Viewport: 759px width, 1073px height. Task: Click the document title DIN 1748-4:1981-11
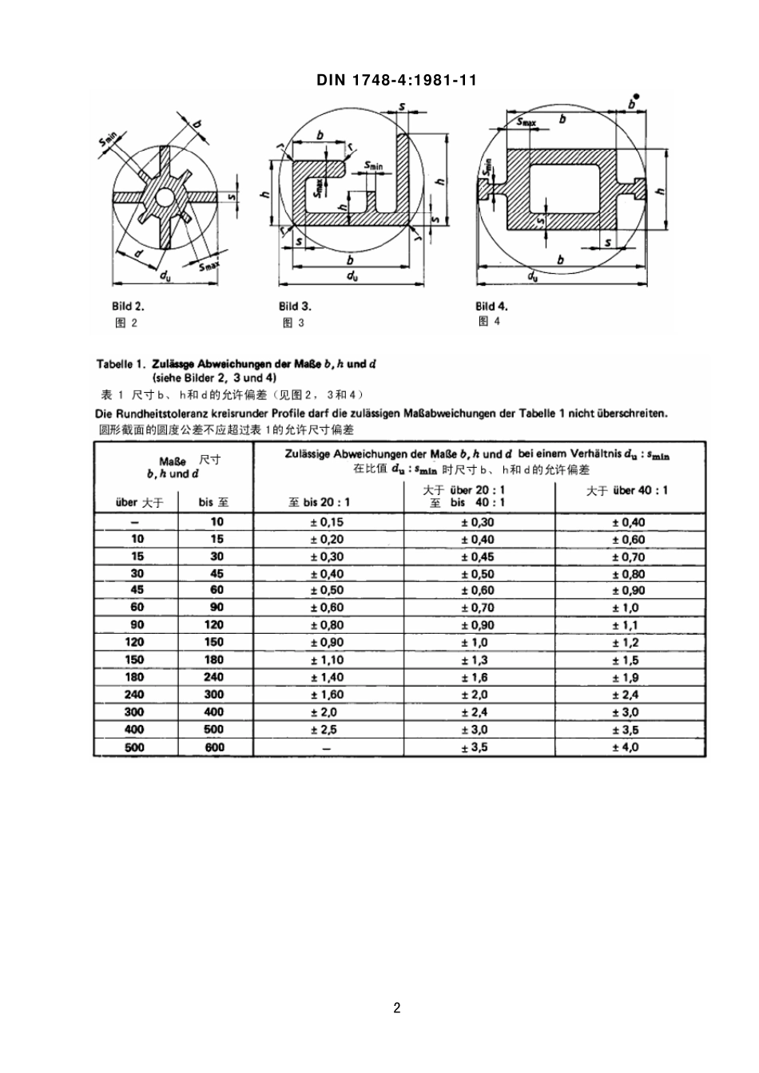(397, 80)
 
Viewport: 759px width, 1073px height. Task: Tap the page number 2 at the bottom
(397, 1008)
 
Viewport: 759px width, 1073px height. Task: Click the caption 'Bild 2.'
(128, 306)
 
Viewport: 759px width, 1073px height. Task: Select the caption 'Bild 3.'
(295, 306)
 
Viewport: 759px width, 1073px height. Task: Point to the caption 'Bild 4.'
(491, 306)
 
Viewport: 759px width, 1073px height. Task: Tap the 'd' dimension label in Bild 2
(138, 253)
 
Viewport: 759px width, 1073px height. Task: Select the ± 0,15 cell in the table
(327, 522)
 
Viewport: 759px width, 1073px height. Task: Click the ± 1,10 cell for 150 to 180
(327, 660)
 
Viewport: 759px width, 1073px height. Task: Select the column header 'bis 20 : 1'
(319, 503)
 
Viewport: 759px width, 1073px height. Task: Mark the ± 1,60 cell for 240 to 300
(327, 695)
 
